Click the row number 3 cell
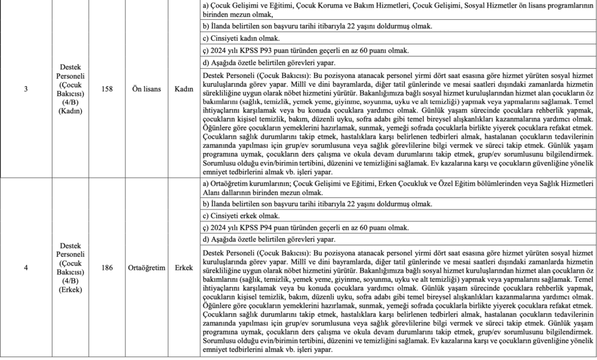[25, 89]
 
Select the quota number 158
[107, 89]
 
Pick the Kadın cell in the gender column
[184, 89]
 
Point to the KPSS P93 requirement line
[305, 51]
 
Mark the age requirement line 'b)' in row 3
[317, 27]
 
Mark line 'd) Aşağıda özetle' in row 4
[269, 239]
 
